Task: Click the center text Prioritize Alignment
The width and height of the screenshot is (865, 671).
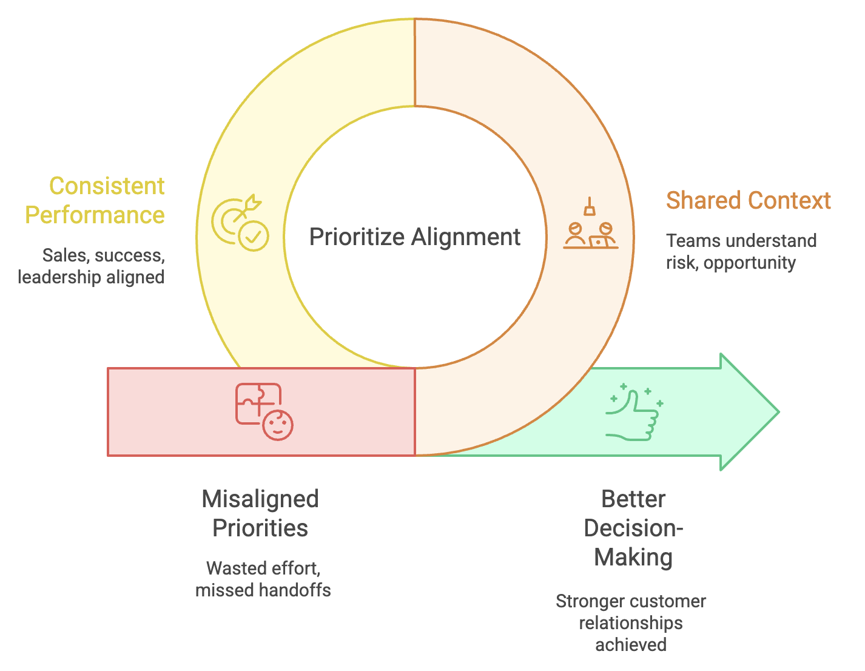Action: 414,237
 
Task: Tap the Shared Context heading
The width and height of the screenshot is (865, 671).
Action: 748,201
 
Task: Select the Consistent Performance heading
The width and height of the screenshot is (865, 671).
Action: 95,200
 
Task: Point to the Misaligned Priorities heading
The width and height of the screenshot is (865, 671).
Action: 260,513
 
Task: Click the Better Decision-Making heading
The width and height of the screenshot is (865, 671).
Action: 633,528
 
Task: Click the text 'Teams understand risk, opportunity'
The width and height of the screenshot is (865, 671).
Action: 741,252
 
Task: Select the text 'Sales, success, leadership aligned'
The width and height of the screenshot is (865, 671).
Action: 92,266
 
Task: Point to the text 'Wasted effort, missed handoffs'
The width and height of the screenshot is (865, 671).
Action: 263,579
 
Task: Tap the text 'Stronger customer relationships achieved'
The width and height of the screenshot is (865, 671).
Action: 631,622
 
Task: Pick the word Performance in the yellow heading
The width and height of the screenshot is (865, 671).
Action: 95,215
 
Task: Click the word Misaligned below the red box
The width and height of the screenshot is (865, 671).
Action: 260,499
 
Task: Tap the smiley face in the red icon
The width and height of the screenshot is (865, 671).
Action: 278,425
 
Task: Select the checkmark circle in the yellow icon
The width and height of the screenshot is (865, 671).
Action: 254,235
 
